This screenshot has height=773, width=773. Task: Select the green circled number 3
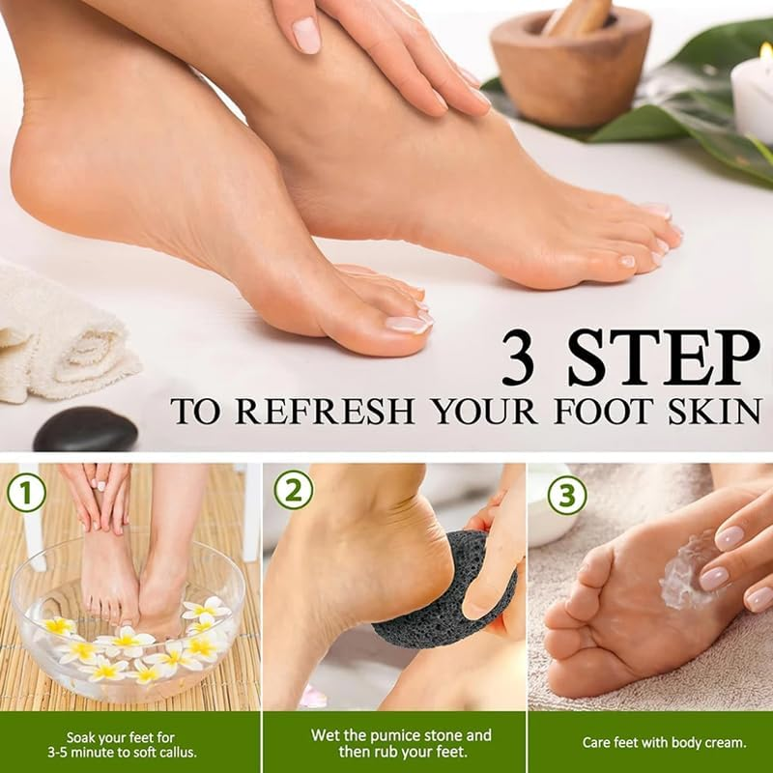(567, 495)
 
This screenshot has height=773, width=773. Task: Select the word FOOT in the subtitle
(597, 411)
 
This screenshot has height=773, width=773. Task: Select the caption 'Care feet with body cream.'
(649, 743)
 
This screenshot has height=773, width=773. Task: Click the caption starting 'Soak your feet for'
(129, 743)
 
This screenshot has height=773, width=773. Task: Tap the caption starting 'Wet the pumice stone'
(393, 743)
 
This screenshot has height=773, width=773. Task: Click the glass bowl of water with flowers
(126, 618)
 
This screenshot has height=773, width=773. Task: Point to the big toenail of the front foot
(407, 324)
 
